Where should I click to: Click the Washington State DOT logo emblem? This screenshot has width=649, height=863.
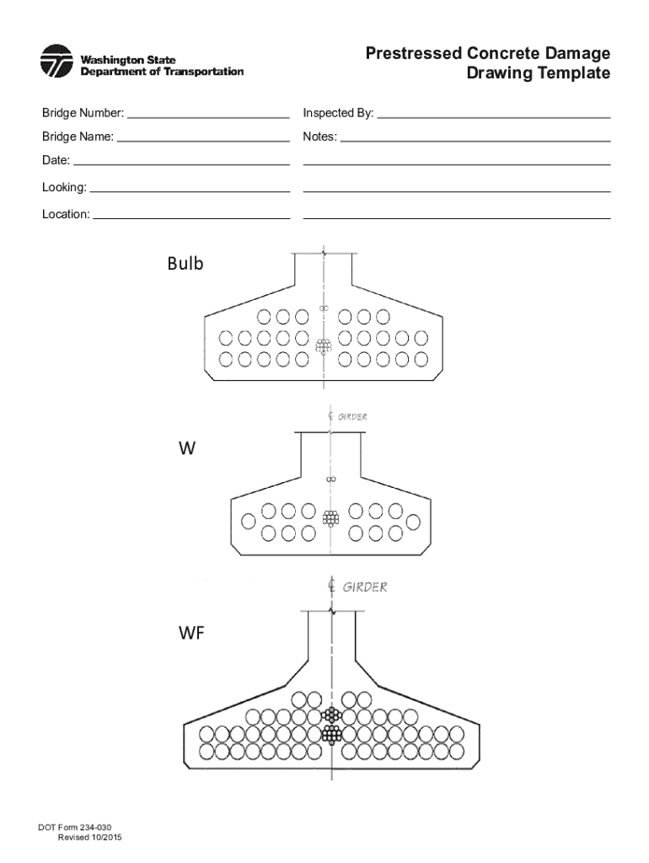(56, 62)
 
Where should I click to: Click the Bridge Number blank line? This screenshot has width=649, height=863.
(208, 117)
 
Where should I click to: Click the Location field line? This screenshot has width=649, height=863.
(192, 218)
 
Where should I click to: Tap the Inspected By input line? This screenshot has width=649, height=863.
(494, 117)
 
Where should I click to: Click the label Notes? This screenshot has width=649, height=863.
(320, 137)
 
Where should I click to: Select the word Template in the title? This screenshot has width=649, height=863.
(574, 74)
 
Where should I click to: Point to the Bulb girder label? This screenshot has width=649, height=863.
(185, 264)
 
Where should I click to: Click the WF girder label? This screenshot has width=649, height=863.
(190, 634)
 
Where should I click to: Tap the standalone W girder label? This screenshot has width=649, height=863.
(186, 449)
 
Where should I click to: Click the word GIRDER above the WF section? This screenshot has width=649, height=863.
(364, 587)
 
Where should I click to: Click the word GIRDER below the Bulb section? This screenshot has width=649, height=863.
(352, 416)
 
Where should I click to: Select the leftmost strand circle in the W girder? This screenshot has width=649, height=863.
(248, 522)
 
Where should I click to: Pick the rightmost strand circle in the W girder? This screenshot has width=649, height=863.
(413, 522)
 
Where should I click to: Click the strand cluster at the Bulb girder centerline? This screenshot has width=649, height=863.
(324, 346)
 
